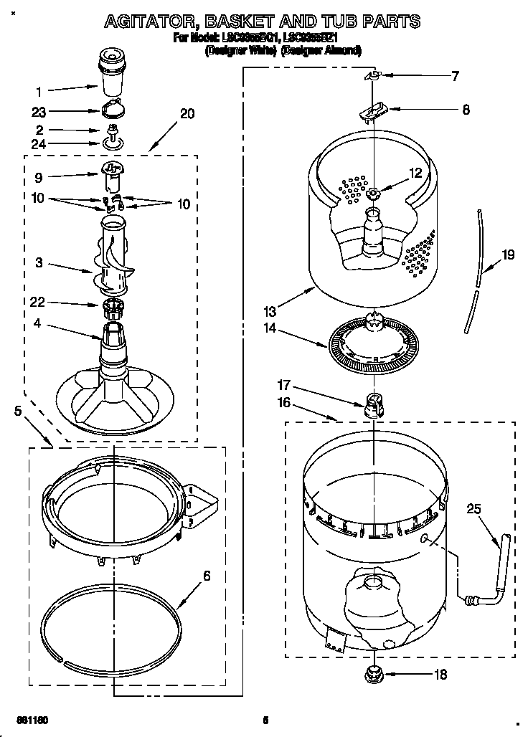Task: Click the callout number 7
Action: (455, 75)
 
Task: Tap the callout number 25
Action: (473, 509)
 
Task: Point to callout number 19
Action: (507, 254)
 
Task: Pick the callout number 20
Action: (187, 113)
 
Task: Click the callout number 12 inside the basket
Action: (415, 171)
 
